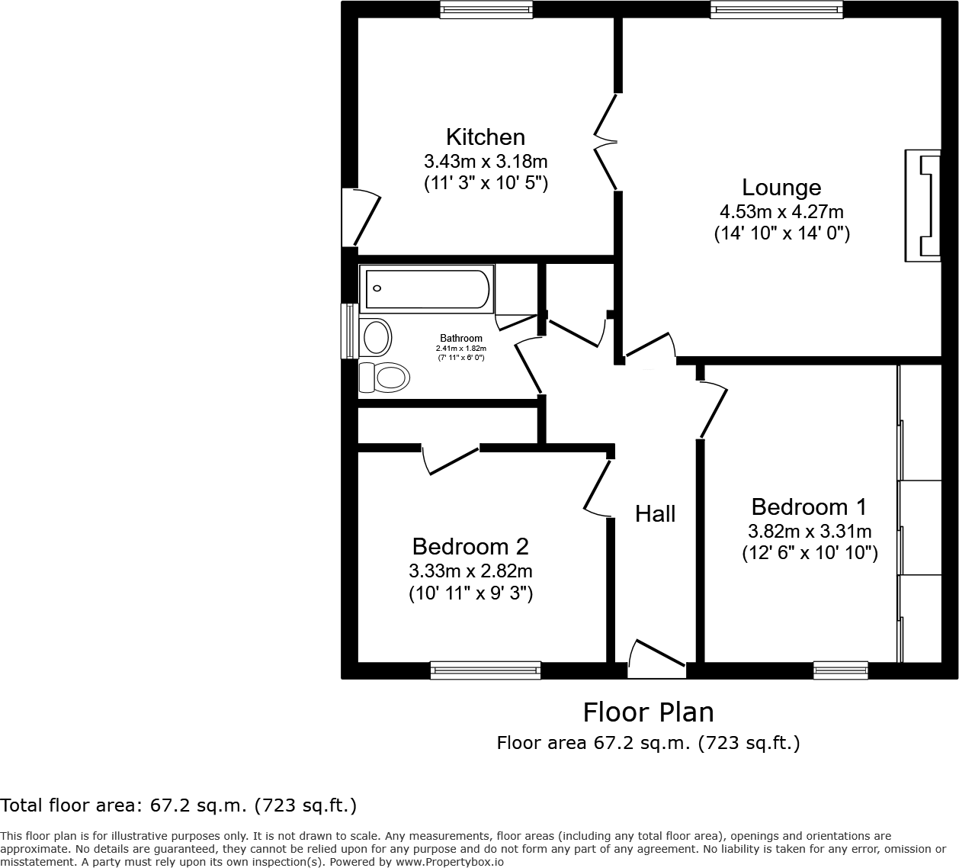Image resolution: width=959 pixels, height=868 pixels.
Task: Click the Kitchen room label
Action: (x=486, y=137)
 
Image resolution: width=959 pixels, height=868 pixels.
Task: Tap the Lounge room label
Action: (x=781, y=188)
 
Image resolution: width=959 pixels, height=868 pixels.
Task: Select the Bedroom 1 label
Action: (x=809, y=507)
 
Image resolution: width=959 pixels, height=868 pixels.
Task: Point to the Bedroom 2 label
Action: (x=470, y=547)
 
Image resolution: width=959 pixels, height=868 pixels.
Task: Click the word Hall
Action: (x=656, y=514)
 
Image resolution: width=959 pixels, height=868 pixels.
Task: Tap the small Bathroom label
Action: (x=461, y=339)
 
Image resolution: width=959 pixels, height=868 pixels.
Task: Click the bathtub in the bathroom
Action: (x=427, y=289)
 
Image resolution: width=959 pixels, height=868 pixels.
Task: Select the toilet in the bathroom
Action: (x=386, y=378)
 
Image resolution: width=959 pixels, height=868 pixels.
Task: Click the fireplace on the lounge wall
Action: (x=922, y=206)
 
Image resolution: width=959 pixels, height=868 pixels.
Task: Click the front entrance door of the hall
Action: (x=656, y=661)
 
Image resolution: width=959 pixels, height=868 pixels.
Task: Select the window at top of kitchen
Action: (x=486, y=9)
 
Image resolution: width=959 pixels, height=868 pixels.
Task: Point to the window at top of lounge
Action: (x=777, y=9)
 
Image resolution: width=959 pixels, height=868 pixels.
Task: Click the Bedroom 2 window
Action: (x=486, y=670)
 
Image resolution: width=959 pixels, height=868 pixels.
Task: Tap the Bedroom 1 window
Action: (x=841, y=670)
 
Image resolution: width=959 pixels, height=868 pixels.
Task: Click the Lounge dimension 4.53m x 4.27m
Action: (x=781, y=212)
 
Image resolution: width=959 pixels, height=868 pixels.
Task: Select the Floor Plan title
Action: (x=649, y=712)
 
